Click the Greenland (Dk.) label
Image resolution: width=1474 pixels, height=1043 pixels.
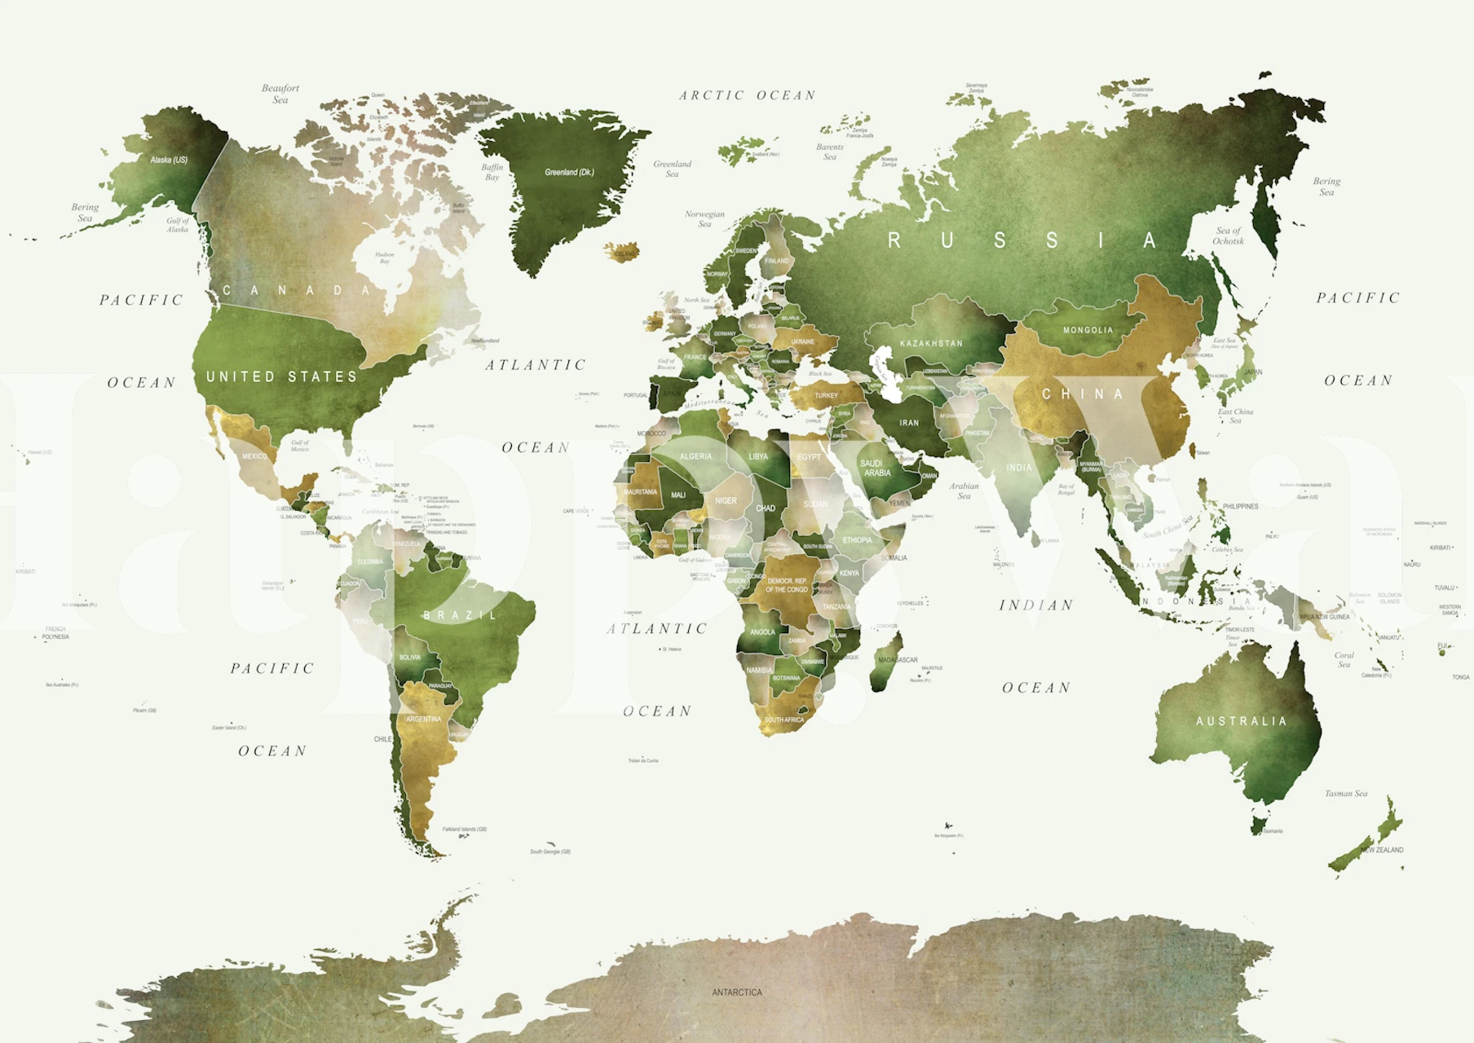pos(569,172)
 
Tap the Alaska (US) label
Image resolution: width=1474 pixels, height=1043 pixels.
pos(169,160)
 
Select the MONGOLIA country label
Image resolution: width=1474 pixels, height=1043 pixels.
pos(1088,330)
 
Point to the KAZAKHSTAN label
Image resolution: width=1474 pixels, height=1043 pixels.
pos(931,343)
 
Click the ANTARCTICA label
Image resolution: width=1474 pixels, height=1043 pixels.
pos(737,992)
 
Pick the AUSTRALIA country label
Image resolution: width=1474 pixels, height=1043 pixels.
pos(1241,721)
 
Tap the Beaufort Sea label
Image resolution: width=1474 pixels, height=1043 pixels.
pos(280,94)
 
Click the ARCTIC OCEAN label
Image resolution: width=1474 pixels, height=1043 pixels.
pos(748,95)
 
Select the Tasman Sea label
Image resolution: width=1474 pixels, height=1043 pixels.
pos(1346,793)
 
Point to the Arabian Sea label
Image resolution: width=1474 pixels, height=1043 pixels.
pos(964,491)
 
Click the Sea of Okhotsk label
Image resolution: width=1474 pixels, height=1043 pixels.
pos(1228,235)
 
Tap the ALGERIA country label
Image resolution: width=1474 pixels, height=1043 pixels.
pos(695,456)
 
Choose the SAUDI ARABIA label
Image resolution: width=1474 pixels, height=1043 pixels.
pos(876,468)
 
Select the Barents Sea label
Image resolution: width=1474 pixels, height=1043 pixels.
pos(830,152)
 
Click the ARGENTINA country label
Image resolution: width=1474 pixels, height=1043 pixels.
pos(423,719)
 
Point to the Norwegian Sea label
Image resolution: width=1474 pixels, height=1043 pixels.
pos(704,218)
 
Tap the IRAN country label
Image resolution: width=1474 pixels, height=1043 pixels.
pos(909,423)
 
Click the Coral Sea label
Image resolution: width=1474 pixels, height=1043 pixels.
pos(1344,659)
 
